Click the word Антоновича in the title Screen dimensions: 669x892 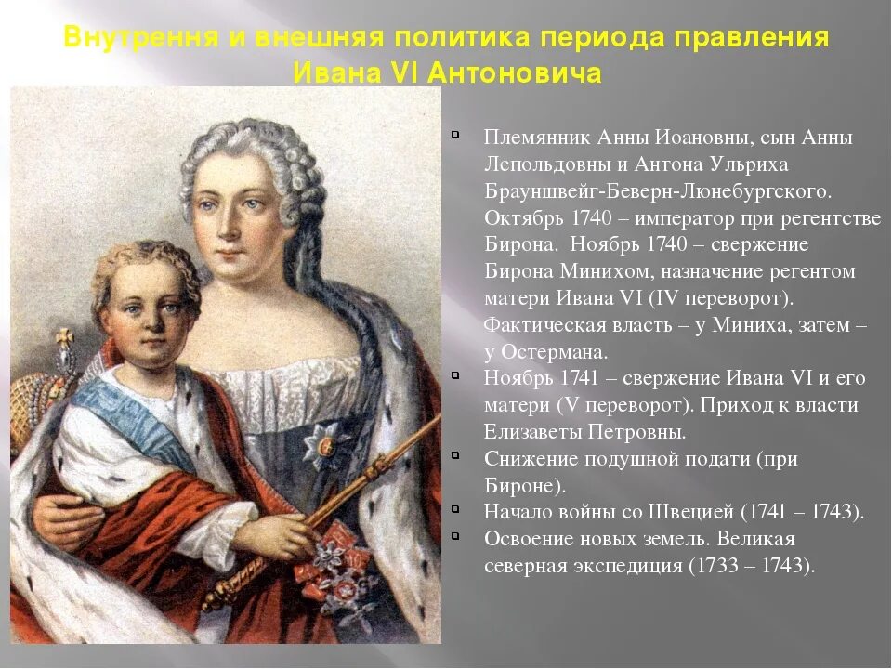point(515,72)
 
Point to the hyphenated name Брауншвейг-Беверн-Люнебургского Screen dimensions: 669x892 point(657,191)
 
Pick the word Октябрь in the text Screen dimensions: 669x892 point(518,217)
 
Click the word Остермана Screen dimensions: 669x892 point(555,351)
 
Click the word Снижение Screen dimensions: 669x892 point(525,459)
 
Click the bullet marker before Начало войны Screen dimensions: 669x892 point(455,509)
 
